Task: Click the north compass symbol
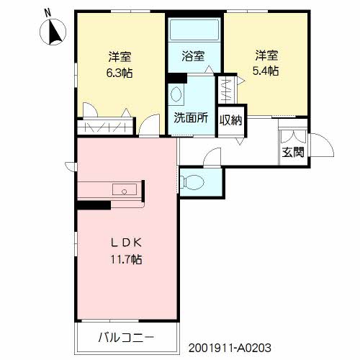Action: [x=53, y=32]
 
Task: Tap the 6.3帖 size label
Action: [x=120, y=73]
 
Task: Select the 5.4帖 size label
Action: [x=266, y=71]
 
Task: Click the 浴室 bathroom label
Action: [x=193, y=56]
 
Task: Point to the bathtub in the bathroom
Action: [x=194, y=30]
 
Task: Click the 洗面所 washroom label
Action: [x=191, y=118]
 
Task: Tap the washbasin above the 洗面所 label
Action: [x=176, y=94]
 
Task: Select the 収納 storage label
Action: [x=231, y=120]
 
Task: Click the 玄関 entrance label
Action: [x=293, y=152]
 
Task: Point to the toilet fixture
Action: [x=192, y=182]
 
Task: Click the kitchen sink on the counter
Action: [x=125, y=189]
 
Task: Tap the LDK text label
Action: [x=127, y=243]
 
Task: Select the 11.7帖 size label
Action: [x=126, y=259]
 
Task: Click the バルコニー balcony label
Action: [x=126, y=338]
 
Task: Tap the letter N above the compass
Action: [x=48, y=12]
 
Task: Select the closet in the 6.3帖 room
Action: [x=105, y=127]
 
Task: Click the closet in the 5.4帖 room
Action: [x=227, y=90]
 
